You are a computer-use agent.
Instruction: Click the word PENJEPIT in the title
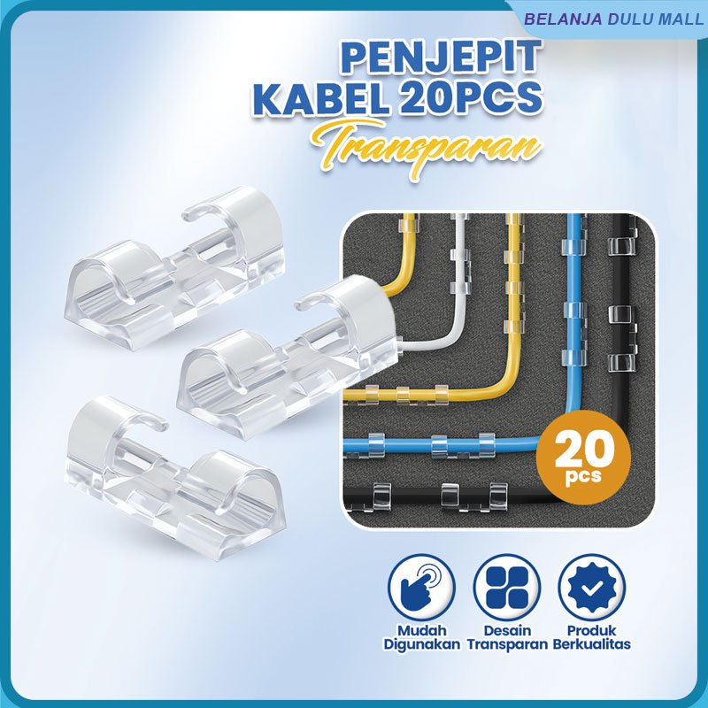point(440,58)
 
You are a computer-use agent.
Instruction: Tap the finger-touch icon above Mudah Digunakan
point(421,588)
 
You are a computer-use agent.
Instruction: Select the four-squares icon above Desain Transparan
point(507,588)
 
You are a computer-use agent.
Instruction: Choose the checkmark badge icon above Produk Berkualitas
point(591,588)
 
